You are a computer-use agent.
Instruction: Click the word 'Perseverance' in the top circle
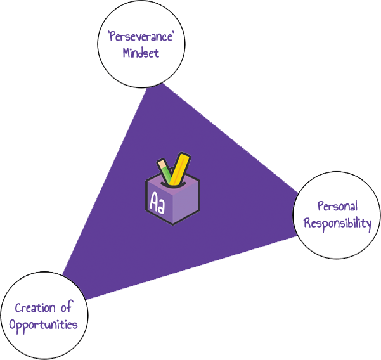[x=141, y=37]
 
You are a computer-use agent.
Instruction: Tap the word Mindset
[x=141, y=53]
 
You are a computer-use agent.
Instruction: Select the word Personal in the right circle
[x=337, y=207]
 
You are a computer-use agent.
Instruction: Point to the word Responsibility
[x=337, y=224]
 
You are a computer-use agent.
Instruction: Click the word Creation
[x=36, y=308]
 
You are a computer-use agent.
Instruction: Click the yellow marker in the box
[x=179, y=169]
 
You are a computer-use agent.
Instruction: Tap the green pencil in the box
[x=165, y=171]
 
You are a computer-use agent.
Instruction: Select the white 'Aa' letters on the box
[x=157, y=202]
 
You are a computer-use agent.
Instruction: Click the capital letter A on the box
[x=153, y=201]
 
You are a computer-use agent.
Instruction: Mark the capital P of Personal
[x=321, y=207]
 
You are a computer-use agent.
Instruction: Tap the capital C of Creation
[x=18, y=308]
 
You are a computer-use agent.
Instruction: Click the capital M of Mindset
[x=127, y=53]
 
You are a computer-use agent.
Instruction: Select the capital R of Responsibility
[x=307, y=222]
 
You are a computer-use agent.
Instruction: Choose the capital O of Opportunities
[x=13, y=325]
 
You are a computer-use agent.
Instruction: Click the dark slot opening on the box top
[x=173, y=184]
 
